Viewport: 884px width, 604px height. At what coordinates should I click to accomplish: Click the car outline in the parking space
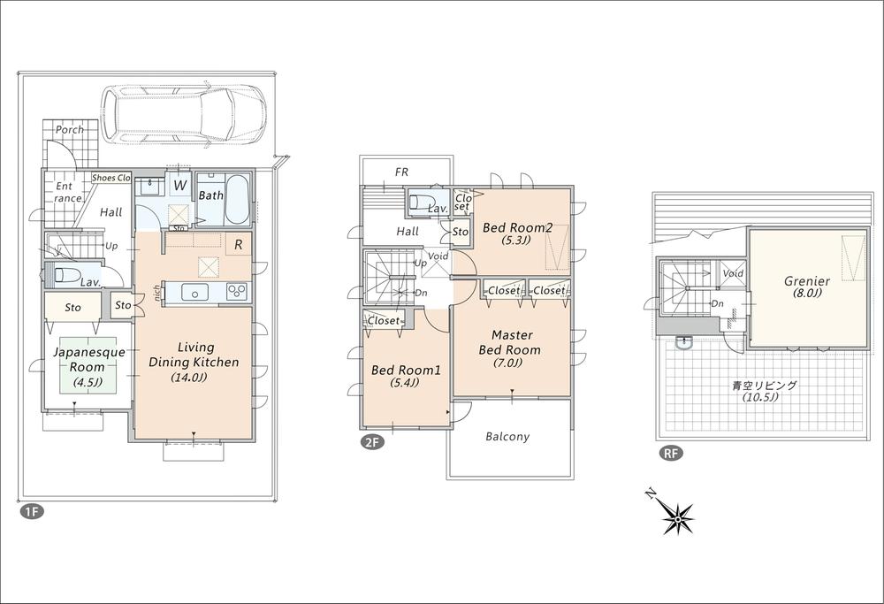[183, 113]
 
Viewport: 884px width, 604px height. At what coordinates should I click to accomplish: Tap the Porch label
[70, 129]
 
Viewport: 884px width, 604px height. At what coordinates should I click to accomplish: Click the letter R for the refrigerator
[239, 243]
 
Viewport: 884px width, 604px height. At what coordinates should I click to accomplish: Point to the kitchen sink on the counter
[195, 292]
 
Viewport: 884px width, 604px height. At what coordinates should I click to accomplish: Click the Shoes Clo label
[111, 178]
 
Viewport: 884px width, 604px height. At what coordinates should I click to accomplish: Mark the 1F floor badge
[29, 511]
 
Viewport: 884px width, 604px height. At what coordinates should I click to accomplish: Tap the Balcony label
[507, 436]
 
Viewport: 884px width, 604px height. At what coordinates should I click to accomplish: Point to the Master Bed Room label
[510, 342]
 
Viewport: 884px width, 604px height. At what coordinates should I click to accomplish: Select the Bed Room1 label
[395, 369]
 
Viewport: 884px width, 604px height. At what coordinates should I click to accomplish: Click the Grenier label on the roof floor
[806, 281]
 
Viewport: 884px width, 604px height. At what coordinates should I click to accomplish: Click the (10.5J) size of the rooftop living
[758, 398]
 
